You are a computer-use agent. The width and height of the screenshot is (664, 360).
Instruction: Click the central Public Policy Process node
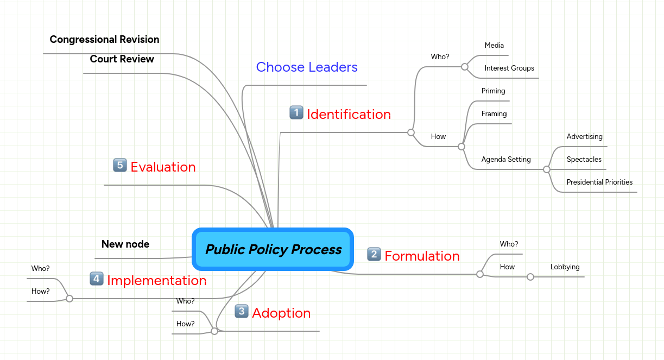273,249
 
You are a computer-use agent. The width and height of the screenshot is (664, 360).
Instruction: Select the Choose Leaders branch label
307,67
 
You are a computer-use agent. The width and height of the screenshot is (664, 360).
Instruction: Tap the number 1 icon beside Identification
296,113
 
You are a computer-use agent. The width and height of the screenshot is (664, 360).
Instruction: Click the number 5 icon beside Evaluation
120,166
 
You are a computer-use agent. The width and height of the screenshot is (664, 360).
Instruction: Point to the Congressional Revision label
104,40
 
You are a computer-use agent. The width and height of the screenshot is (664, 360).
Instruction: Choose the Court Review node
122,59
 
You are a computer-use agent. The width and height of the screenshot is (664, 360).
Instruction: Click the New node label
125,244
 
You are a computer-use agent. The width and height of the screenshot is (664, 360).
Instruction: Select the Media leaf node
494,46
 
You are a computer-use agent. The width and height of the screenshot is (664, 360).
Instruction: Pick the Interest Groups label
509,68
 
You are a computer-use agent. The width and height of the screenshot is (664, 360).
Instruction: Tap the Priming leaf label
493,91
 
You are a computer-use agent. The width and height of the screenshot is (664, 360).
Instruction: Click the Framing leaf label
494,114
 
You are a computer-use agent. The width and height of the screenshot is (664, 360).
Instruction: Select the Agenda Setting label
506,160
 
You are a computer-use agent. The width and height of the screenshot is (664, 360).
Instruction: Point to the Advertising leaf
584,137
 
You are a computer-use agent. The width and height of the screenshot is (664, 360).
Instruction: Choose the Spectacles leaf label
584,160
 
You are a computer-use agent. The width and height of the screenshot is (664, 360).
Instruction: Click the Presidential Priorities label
599,182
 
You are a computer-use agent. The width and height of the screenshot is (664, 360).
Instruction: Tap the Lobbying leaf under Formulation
565,267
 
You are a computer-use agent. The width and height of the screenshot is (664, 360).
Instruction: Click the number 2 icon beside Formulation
374,254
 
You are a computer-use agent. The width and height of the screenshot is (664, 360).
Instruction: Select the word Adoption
281,313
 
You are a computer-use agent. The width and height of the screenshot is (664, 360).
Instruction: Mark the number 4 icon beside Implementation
96,279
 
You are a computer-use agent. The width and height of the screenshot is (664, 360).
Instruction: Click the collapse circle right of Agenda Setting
547,169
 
